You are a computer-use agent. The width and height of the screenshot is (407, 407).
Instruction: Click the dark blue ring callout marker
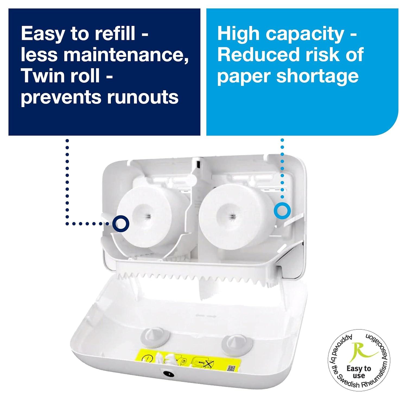[121, 224]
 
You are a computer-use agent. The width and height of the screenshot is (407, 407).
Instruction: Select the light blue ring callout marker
[282, 211]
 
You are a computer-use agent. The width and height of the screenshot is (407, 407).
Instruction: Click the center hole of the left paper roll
[148, 216]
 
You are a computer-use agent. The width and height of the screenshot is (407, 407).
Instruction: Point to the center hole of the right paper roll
[232, 216]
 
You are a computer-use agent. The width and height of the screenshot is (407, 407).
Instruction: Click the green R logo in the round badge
[360, 352]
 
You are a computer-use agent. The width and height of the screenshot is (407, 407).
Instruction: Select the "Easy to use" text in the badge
[359, 372]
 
